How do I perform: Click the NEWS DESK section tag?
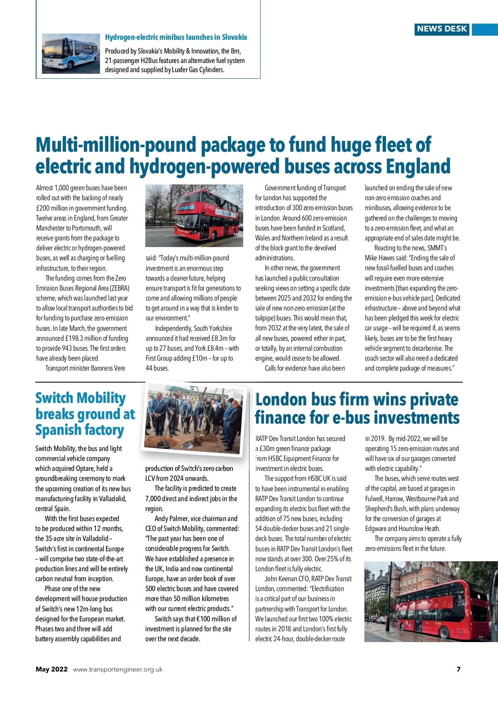click(442, 29)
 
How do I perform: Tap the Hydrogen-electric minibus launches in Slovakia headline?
click(176, 37)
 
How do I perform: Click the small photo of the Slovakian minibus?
click(71, 53)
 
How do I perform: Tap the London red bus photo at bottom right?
click(431, 601)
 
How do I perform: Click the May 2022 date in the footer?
click(51, 669)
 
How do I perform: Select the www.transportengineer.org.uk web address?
click(118, 669)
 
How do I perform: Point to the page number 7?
click(459, 669)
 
